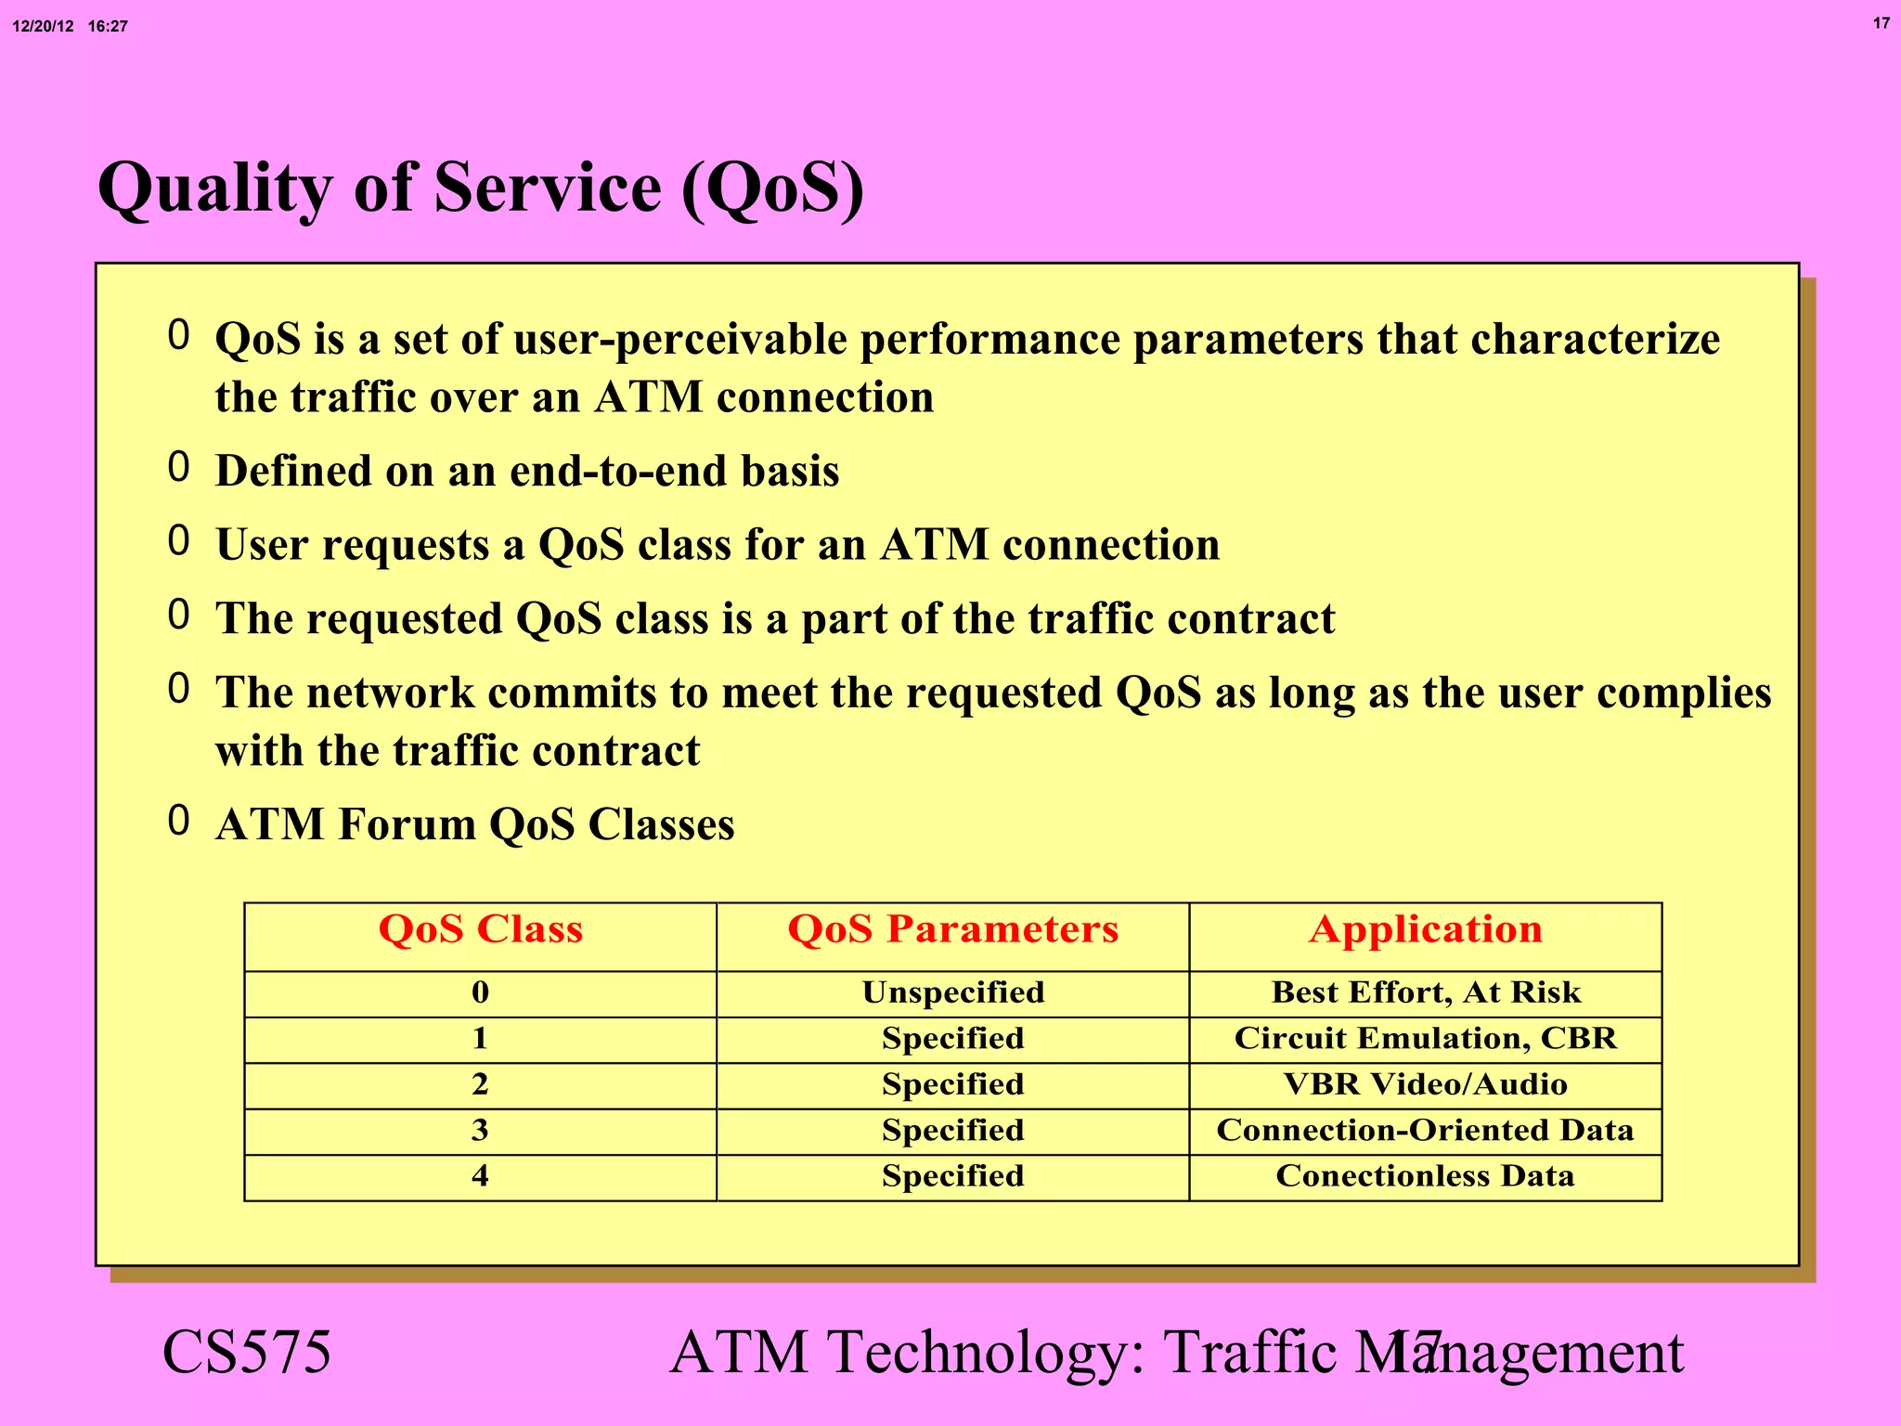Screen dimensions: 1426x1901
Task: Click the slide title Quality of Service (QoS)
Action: point(481,188)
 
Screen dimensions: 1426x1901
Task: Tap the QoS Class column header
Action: point(480,929)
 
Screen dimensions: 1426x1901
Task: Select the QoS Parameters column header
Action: point(952,929)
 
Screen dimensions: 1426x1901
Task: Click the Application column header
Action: point(1425,929)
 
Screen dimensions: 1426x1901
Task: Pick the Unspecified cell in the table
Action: point(952,992)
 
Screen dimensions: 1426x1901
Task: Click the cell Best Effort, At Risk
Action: point(1425,992)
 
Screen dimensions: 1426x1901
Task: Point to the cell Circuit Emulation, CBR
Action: point(1425,1038)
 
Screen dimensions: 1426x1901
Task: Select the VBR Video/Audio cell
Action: point(1425,1084)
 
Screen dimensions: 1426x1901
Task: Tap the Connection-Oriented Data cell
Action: point(1425,1130)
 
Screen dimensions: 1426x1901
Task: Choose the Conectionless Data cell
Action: point(1425,1176)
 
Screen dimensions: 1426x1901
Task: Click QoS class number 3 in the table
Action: point(480,1130)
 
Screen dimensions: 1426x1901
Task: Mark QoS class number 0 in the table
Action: point(480,992)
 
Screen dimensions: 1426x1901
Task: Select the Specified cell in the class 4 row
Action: point(952,1176)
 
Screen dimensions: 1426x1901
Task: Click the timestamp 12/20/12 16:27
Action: point(70,26)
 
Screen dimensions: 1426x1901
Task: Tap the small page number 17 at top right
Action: point(1881,23)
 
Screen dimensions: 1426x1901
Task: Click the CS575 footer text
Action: point(247,1353)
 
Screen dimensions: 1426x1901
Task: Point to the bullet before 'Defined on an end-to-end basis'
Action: point(179,467)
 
